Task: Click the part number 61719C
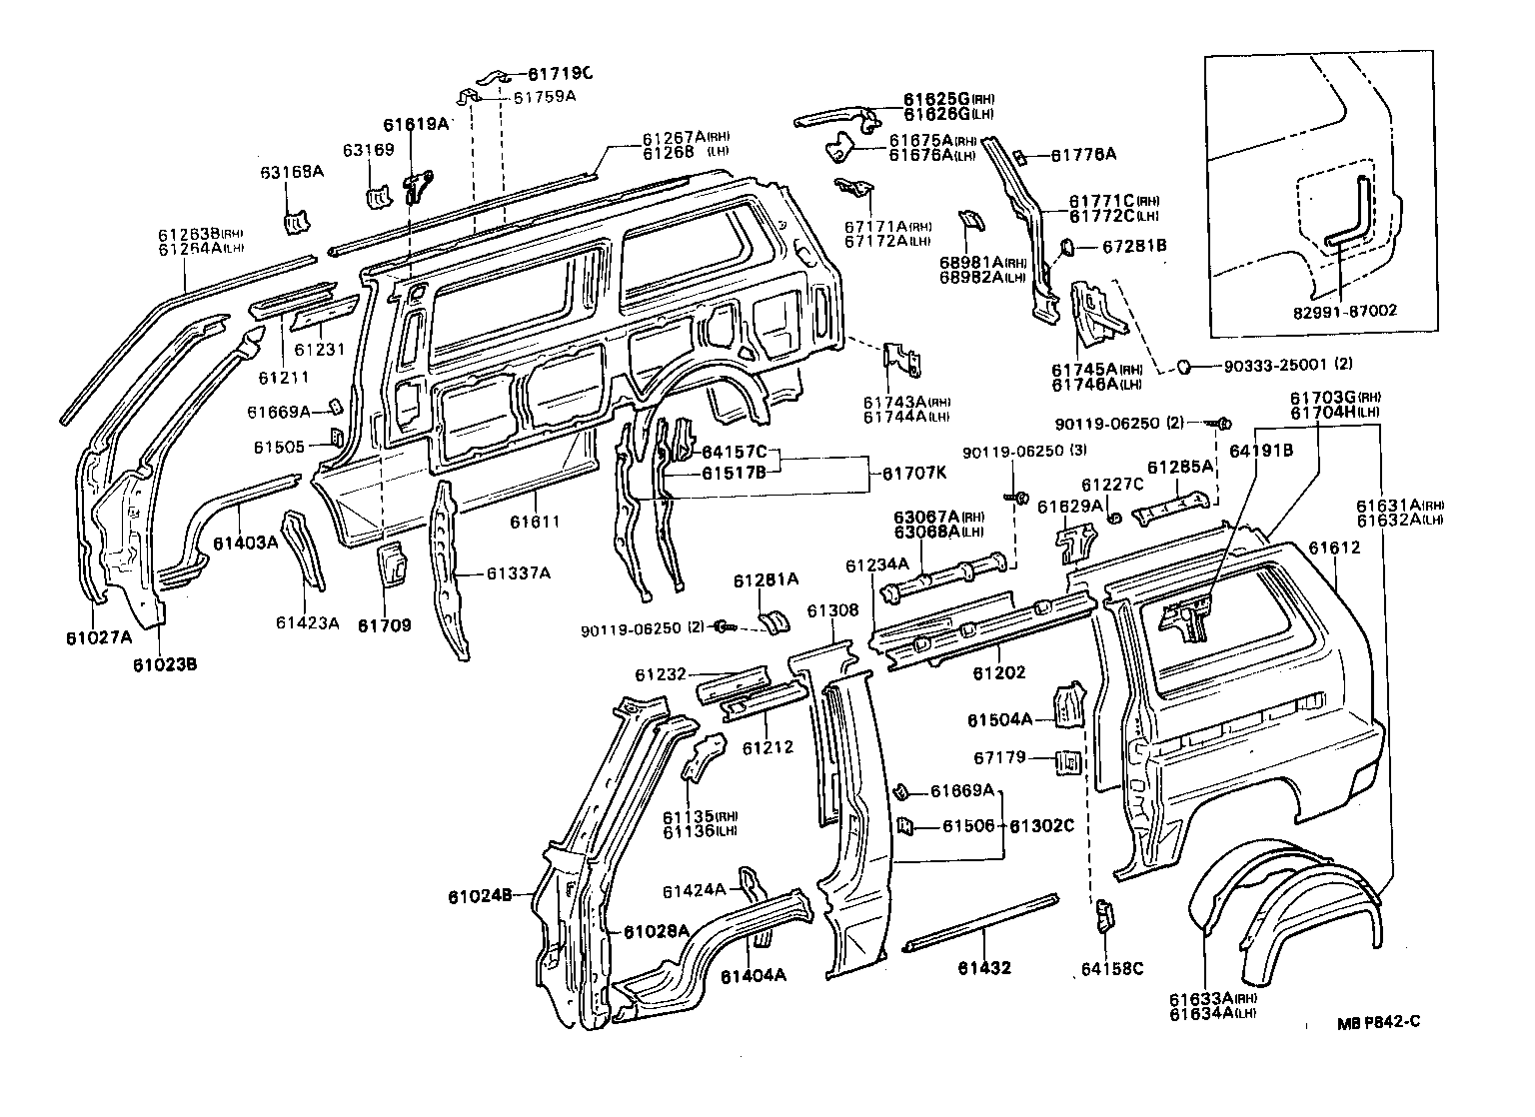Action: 560,73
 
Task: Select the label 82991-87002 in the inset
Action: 1348,311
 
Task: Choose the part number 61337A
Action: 519,572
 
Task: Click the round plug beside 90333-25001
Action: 1183,368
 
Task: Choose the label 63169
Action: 369,150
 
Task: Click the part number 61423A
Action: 308,623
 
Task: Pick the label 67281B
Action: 1134,244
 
